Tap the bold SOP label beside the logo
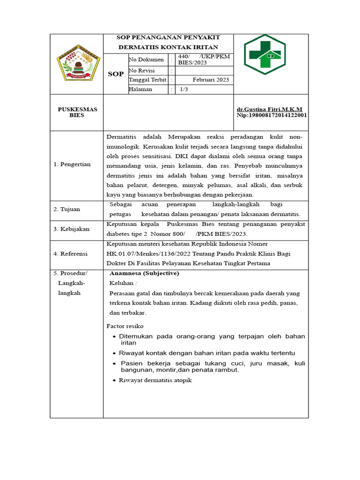(116, 74)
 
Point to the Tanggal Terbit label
(148, 80)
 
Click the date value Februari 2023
(210, 80)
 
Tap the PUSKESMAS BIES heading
(77, 112)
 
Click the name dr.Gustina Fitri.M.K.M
(270, 109)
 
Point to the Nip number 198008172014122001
(272, 115)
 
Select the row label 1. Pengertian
(72, 165)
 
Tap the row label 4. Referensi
(70, 254)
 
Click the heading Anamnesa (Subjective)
(144, 273)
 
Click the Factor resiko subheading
(125, 326)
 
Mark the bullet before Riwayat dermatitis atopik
(114, 381)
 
